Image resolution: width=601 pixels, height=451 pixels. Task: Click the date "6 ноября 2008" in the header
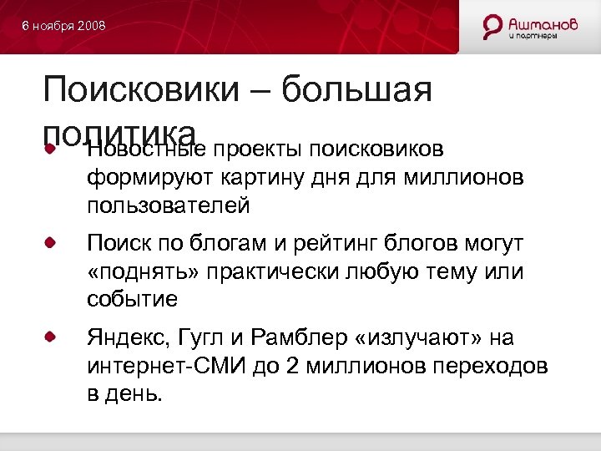pyautogui.click(x=64, y=27)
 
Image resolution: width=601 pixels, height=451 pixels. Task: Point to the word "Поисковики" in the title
pyautogui.click(x=143, y=89)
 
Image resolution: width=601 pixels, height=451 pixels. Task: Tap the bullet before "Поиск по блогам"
pyautogui.click(x=52, y=243)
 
